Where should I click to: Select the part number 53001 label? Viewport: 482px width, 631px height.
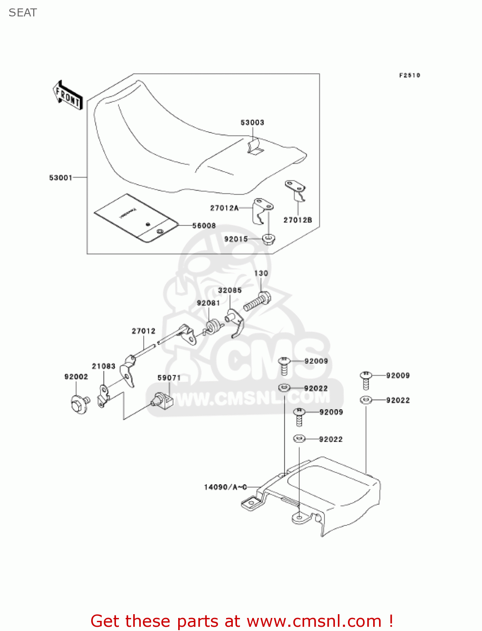click(x=61, y=178)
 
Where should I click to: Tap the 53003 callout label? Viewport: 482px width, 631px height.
click(x=252, y=122)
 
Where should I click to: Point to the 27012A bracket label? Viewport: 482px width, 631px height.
click(x=224, y=208)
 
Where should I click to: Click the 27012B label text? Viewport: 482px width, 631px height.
click(x=298, y=220)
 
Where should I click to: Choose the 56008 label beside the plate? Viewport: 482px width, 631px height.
click(x=204, y=226)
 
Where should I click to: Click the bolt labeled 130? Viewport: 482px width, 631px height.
click(x=257, y=301)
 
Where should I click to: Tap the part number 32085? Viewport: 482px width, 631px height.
click(x=229, y=290)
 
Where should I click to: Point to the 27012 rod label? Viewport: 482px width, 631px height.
click(x=143, y=331)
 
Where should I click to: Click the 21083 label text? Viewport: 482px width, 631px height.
click(x=103, y=366)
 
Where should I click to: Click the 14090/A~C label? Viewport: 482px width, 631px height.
click(x=225, y=487)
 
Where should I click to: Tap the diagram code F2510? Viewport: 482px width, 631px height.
click(x=409, y=75)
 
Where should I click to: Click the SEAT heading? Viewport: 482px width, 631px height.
click(x=23, y=13)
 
